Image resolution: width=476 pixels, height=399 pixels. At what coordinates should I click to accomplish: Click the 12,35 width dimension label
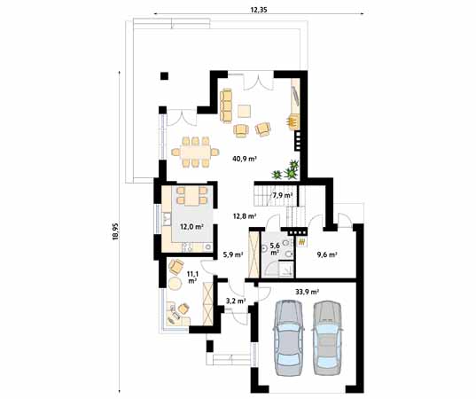pyautogui.click(x=259, y=10)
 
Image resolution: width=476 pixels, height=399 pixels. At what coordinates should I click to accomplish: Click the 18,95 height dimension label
pyautogui.click(x=115, y=231)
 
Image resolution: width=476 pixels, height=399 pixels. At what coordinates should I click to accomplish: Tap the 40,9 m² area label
pyautogui.click(x=245, y=158)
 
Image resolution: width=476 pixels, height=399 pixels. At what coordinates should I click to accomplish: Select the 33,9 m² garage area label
pyautogui.click(x=307, y=292)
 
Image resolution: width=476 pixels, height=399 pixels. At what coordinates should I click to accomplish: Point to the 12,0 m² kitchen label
pyautogui.click(x=191, y=226)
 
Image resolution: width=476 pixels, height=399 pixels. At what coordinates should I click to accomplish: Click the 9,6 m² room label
pyautogui.click(x=327, y=254)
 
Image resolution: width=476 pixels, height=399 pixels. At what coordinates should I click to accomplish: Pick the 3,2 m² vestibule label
pyautogui.click(x=236, y=301)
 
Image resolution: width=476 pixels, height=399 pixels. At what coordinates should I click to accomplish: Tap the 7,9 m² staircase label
pyautogui.click(x=283, y=195)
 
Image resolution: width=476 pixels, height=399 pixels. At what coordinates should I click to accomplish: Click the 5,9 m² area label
pyautogui.click(x=233, y=254)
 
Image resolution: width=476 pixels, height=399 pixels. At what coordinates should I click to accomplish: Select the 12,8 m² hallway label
pyautogui.click(x=245, y=216)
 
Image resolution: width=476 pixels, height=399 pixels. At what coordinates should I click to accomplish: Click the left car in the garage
pyautogui.click(x=289, y=338)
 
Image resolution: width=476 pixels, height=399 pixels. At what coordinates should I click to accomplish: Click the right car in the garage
pyautogui.click(x=327, y=338)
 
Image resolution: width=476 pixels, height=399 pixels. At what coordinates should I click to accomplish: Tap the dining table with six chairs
pyautogui.click(x=195, y=152)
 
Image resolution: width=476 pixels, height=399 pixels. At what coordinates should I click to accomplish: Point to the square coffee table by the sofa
pyautogui.click(x=244, y=111)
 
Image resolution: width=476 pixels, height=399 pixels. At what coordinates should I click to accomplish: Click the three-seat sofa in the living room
pyautogui.click(x=226, y=106)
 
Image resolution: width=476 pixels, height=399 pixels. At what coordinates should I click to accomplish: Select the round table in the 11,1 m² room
pyautogui.click(x=175, y=283)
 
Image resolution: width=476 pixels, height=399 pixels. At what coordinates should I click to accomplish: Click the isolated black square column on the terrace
pyautogui.click(x=164, y=75)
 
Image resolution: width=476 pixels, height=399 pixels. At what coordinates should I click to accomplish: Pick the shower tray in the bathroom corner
pyautogui.click(x=279, y=270)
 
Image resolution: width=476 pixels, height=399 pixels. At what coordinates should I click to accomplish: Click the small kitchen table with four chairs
pyautogui.click(x=191, y=196)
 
